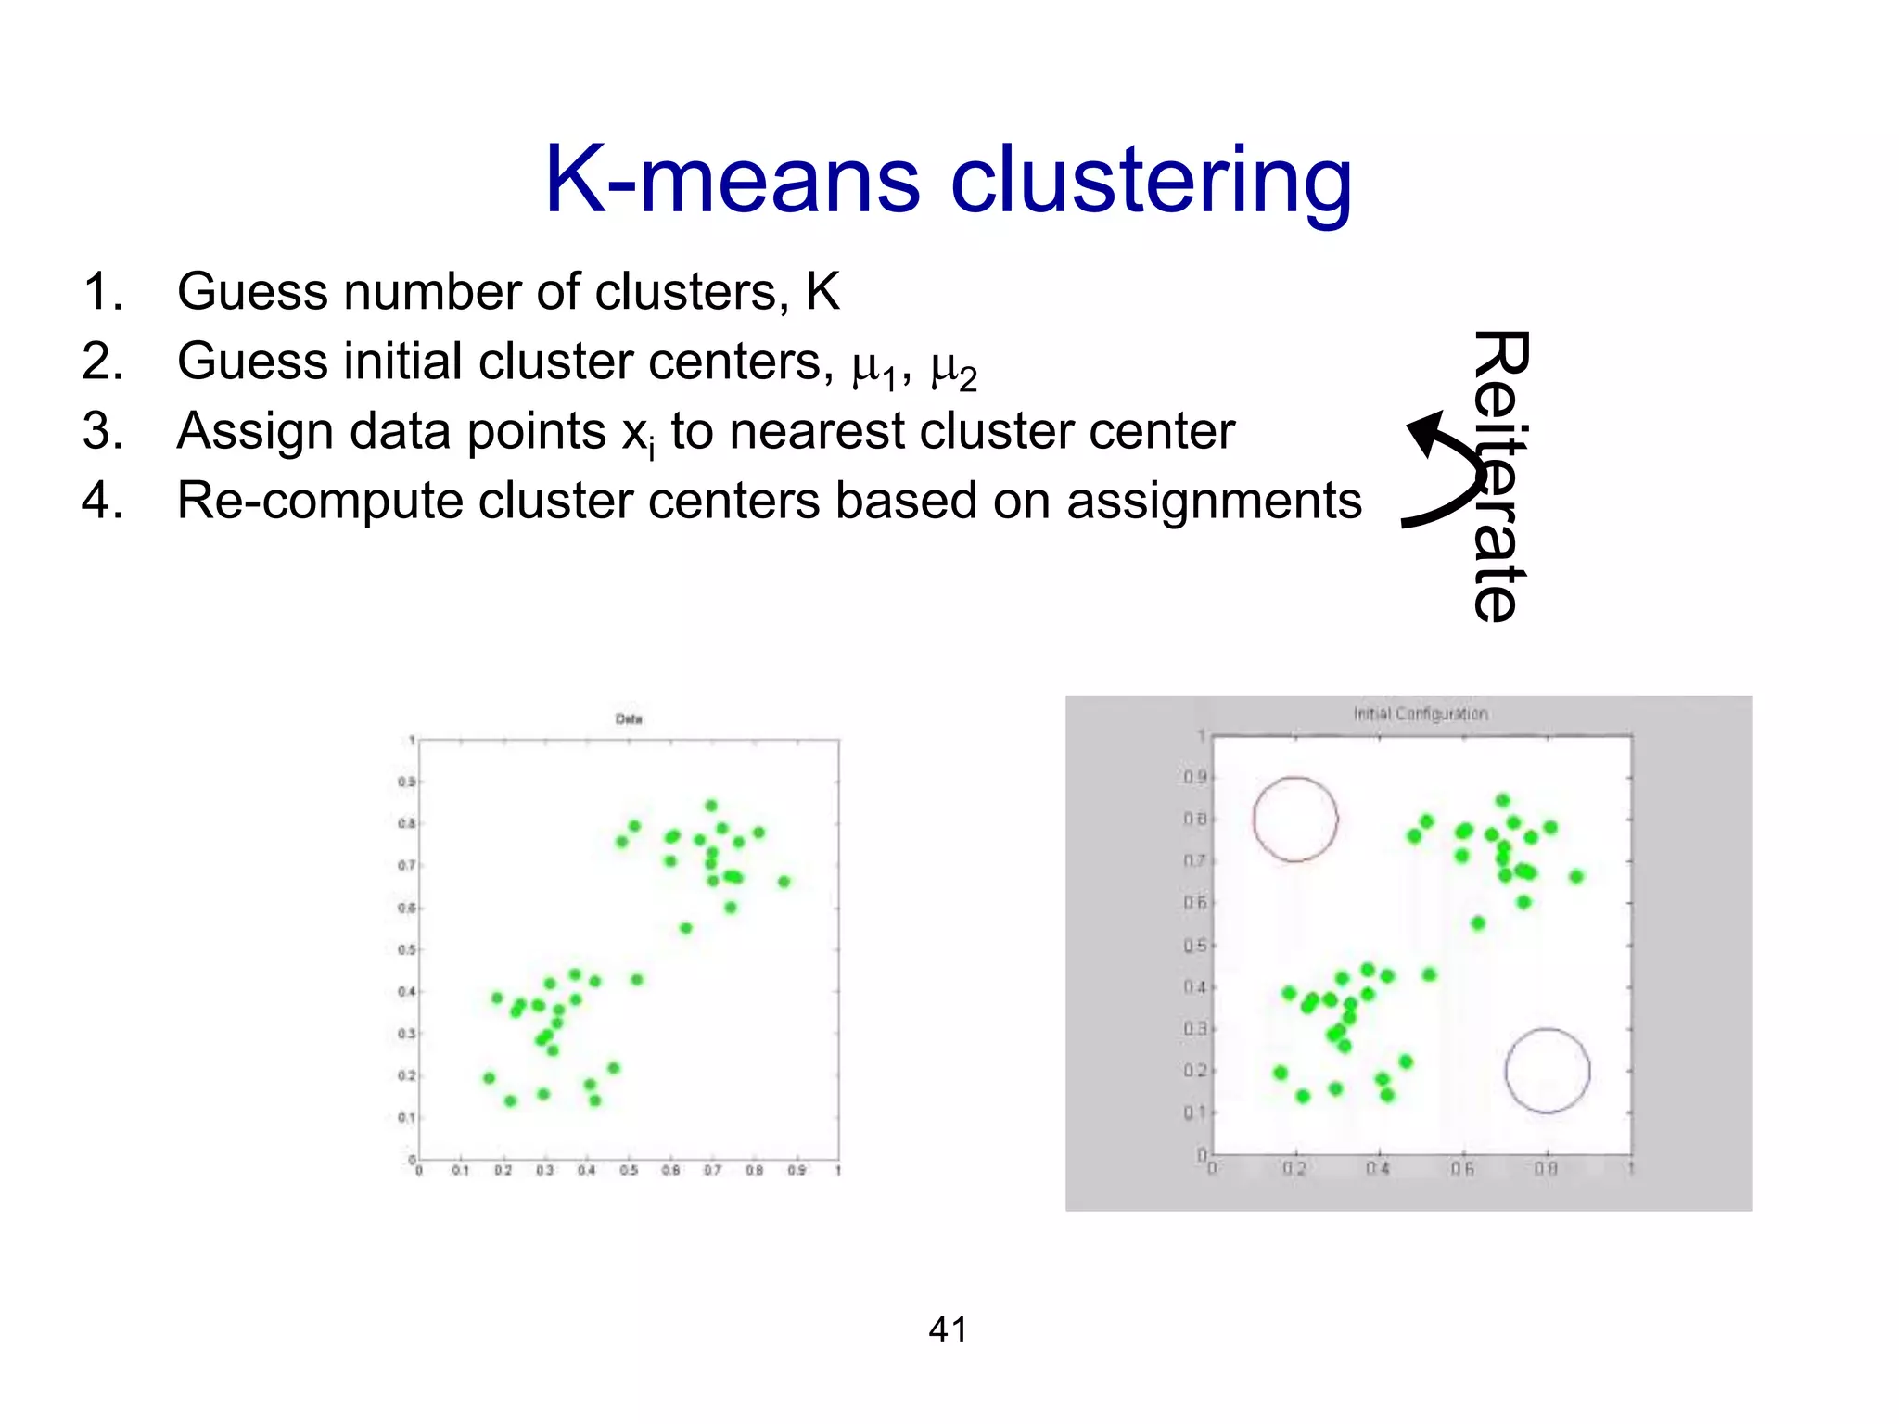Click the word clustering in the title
click(x=1152, y=183)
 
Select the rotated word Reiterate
click(x=1499, y=476)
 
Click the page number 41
click(x=948, y=1329)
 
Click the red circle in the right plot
click(x=1295, y=820)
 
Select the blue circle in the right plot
click(x=1547, y=1071)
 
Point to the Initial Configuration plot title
click(x=1420, y=714)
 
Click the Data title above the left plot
click(x=629, y=718)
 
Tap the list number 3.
click(x=102, y=431)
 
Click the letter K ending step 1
click(x=822, y=292)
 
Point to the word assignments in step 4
click(x=1214, y=502)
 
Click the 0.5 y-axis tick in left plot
click(x=406, y=949)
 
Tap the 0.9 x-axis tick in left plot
click(x=797, y=1171)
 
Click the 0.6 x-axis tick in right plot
click(x=1462, y=1169)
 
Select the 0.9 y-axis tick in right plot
click(x=1195, y=777)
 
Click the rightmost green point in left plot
click(x=784, y=882)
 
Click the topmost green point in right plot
click(x=1503, y=800)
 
